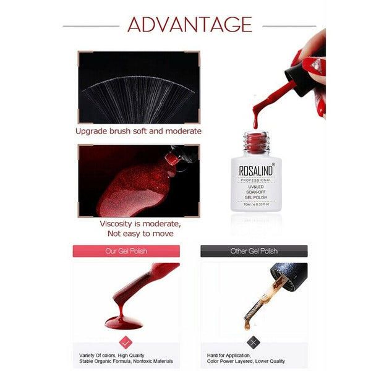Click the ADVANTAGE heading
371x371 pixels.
190,24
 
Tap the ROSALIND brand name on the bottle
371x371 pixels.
256,171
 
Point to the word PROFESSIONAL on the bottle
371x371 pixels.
256,181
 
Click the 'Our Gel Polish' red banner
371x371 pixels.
126,251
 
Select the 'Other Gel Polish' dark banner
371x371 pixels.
254,251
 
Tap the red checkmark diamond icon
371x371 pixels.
126,343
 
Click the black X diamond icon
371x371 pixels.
254,343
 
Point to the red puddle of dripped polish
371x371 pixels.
124,323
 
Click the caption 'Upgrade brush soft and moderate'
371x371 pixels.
139,131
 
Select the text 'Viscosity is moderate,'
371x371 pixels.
140,224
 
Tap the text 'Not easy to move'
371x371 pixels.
140,234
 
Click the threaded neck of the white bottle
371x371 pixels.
256,142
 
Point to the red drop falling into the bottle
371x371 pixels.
255,123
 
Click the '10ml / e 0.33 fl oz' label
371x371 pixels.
256,204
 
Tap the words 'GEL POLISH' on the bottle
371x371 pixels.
256,197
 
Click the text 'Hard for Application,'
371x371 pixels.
229,356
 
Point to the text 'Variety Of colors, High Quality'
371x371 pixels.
111,356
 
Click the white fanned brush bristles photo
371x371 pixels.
139,87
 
